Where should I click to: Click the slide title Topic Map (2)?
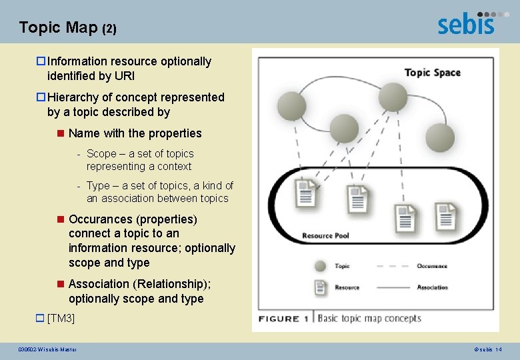coord(68,27)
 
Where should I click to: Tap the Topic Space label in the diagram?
coord(432,72)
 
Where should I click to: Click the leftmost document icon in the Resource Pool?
coord(306,193)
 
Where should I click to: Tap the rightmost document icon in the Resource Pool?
coord(445,215)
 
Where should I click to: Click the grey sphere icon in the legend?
coord(321,266)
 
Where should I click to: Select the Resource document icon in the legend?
coord(321,287)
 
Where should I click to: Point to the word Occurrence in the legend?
coord(432,266)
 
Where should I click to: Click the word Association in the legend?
coord(432,287)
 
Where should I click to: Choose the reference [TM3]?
coord(61,319)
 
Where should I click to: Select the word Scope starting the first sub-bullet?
coord(101,153)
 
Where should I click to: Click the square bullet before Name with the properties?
coord(61,133)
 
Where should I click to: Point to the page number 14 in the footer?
coord(499,349)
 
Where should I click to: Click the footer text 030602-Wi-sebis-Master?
coord(47,349)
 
